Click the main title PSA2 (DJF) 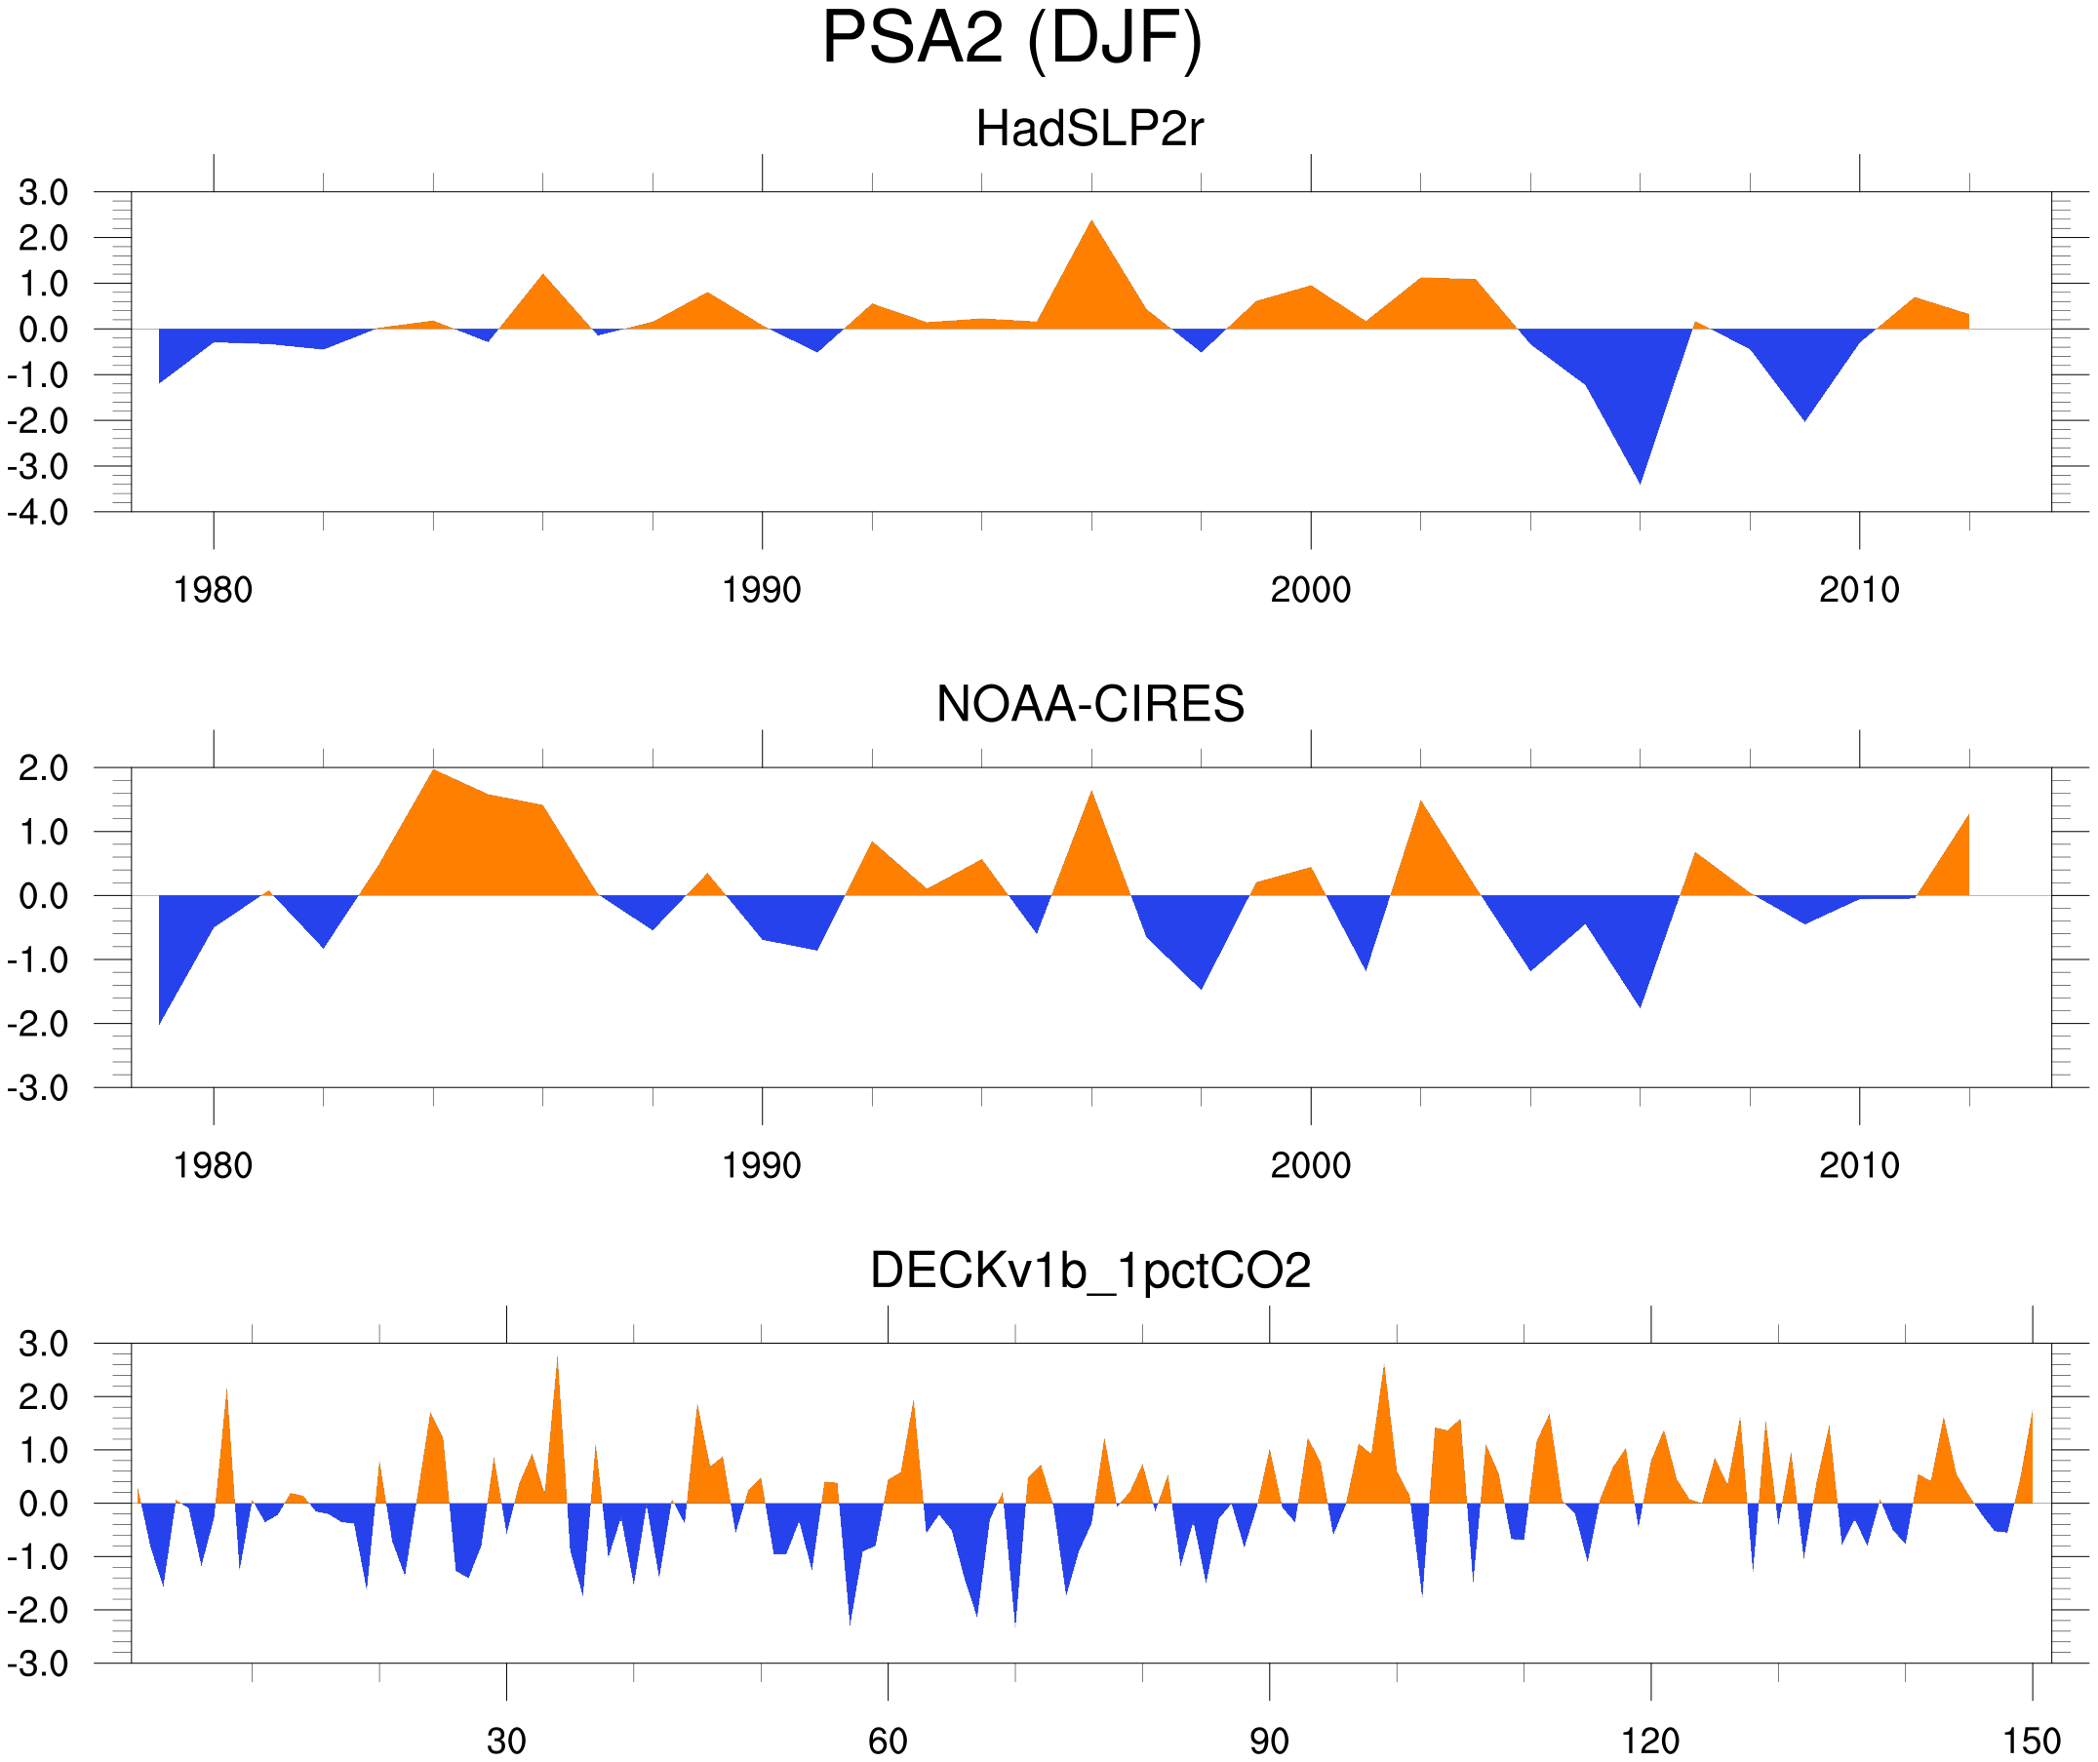click(x=1011, y=38)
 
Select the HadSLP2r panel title click(x=1089, y=129)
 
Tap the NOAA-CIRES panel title click(x=1089, y=704)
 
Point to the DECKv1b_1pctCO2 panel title click(x=1089, y=1271)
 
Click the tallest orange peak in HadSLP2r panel click(x=1091, y=224)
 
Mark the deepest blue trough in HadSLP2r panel click(x=1640, y=480)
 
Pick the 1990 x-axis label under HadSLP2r click(x=762, y=590)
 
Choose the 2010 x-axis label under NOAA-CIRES click(x=1858, y=1165)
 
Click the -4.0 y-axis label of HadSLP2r click(x=38, y=514)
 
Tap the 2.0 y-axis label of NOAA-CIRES click(x=43, y=769)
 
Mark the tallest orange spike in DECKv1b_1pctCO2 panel click(x=557, y=1361)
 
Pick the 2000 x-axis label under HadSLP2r click(x=1310, y=590)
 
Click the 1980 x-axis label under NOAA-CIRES click(x=213, y=1165)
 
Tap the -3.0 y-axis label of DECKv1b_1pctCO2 click(x=38, y=1664)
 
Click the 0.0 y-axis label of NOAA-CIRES click(x=43, y=897)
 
